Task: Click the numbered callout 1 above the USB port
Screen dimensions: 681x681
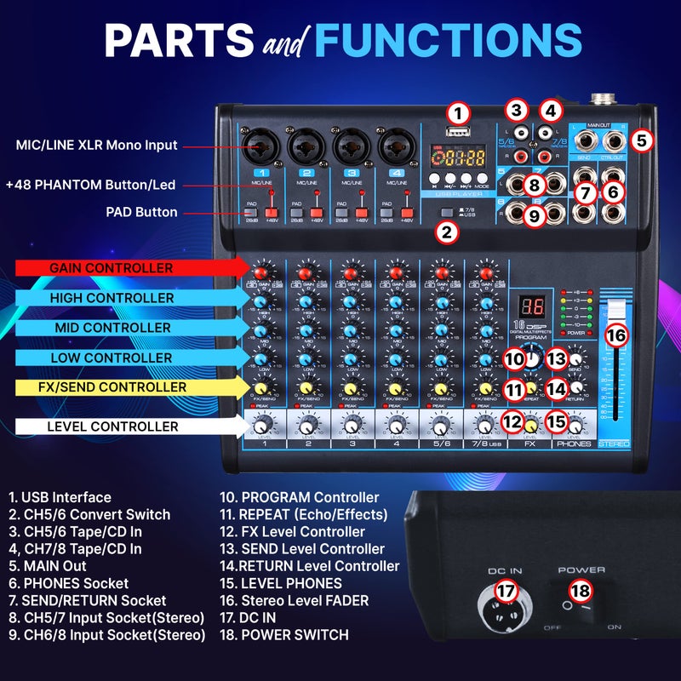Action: (x=458, y=113)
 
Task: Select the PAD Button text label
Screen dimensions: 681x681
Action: (x=142, y=212)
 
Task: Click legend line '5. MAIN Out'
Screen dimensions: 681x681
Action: (x=48, y=565)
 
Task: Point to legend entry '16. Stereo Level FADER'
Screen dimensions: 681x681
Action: (x=294, y=600)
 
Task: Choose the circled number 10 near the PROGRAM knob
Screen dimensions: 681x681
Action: (x=513, y=360)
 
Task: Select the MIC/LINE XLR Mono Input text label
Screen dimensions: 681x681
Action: (x=95, y=146)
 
